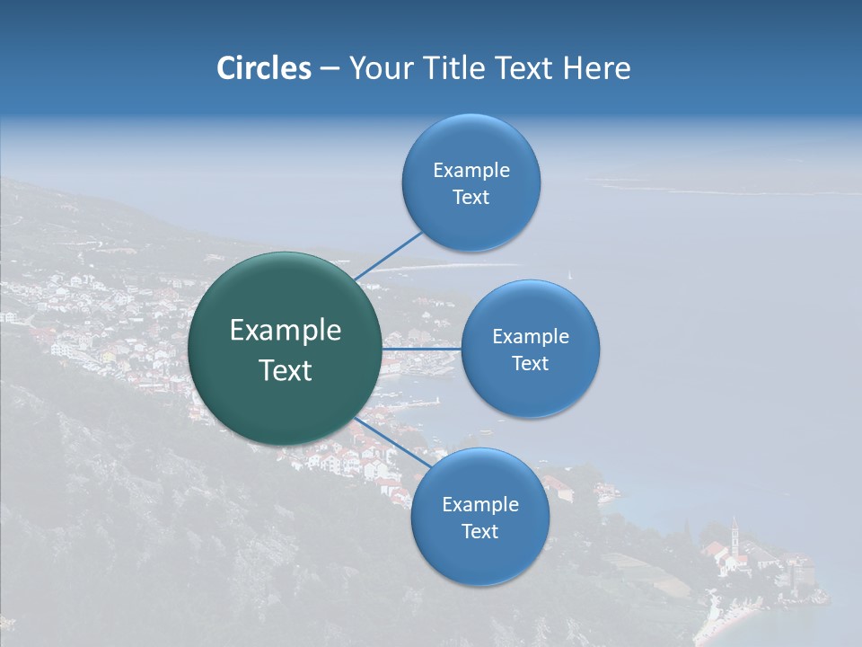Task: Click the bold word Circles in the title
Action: pyautogui.click(x=263, y=68)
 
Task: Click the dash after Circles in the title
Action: pyautogui.click(x=330, y=69)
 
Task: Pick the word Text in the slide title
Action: pyautogui.click(x=524, y=68)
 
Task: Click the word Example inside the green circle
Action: pyautogui.click(x=286, y=330)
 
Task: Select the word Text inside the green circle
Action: pyautogui.click(x=286, y=370)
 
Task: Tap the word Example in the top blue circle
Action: pyautogui.click(x=471, y=171)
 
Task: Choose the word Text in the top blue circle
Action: pyautogui.click(x=471, y=198)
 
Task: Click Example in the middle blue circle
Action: pyautogui.click(x=531, y=337)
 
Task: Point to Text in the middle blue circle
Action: pyautogui.click(x=531, y=364)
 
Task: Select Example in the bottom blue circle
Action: pyautogui.click(x=480, y=505)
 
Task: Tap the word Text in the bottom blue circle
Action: pyautogui.click(x=480, y=532)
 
